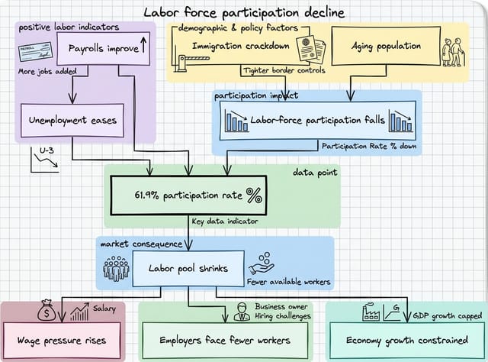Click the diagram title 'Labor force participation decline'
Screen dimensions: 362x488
[244, 13]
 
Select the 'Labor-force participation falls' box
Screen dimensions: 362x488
[316, 121]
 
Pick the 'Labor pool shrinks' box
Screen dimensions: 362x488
[189, 268]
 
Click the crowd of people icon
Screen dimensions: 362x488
[117, 268]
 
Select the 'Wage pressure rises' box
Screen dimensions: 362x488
[63, 341]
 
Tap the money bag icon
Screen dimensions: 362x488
[47, 312]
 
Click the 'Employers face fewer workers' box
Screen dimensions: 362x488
[225, 341]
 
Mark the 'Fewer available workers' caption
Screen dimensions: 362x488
[288, 282]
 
